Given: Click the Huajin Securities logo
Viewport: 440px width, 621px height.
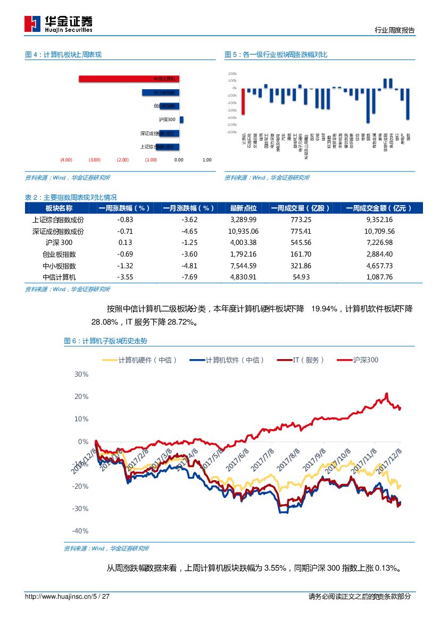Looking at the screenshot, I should [59, 23].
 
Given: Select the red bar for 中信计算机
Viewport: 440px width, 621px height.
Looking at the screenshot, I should [129, 79].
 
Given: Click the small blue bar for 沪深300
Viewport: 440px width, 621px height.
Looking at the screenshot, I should [181, 120].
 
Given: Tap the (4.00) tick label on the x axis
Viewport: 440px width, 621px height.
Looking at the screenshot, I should [66, 159].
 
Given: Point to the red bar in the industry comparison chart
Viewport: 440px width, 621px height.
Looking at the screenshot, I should [243, 101].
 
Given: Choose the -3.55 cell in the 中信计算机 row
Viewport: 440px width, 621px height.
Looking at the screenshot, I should [124, 277].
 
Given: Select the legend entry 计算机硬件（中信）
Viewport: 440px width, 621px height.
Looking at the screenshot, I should [139, 360].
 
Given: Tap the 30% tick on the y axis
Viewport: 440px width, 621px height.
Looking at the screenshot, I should [81, 374].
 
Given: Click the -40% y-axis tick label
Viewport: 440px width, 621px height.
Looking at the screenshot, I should [80, 531].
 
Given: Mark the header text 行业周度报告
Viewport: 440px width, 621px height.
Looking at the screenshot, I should [395, 30].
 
